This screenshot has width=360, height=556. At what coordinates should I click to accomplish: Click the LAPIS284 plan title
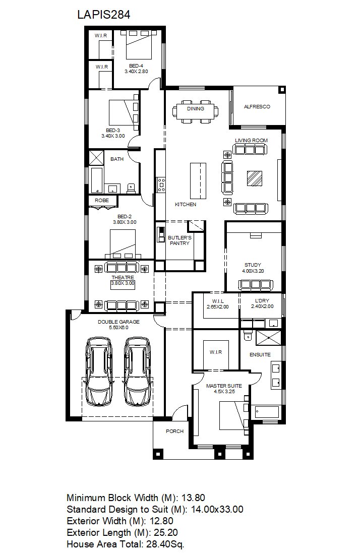click(x=103, y=15)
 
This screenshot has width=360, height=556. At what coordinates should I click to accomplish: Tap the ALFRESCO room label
click(x=257, y=106)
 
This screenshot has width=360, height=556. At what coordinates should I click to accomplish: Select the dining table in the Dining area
click(x=196, y=111)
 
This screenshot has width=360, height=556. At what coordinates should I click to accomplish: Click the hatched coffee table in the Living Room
click(x=255, y=178)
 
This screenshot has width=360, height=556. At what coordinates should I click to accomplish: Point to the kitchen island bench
click(x=198, y=180)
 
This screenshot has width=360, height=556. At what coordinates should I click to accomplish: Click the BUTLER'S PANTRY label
click(x=179, y=240)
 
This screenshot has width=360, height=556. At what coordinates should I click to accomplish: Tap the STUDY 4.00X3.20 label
click(x=253, y=268)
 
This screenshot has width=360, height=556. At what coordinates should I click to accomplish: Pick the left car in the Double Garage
click(x=99, y=372)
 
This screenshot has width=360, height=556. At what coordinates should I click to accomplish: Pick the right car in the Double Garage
click(x=138, y=372)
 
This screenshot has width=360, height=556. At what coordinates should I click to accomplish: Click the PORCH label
click(x=174, y=431)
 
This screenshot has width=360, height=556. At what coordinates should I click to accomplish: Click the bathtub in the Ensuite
click(x=267, y=412)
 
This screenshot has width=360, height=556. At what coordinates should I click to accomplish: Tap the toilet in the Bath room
click(x=131, y=189)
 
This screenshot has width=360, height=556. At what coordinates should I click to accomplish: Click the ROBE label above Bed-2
click(x=101, y=200)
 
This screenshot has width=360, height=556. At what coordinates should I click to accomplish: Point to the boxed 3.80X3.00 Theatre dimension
click(x=123, y=283)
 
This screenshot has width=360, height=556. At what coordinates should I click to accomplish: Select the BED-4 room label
click(x=136, y=66)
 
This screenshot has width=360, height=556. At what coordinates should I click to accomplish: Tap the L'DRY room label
click(x=262, y=301)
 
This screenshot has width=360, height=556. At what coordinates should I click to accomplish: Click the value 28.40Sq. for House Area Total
click(x=165, y=544)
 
